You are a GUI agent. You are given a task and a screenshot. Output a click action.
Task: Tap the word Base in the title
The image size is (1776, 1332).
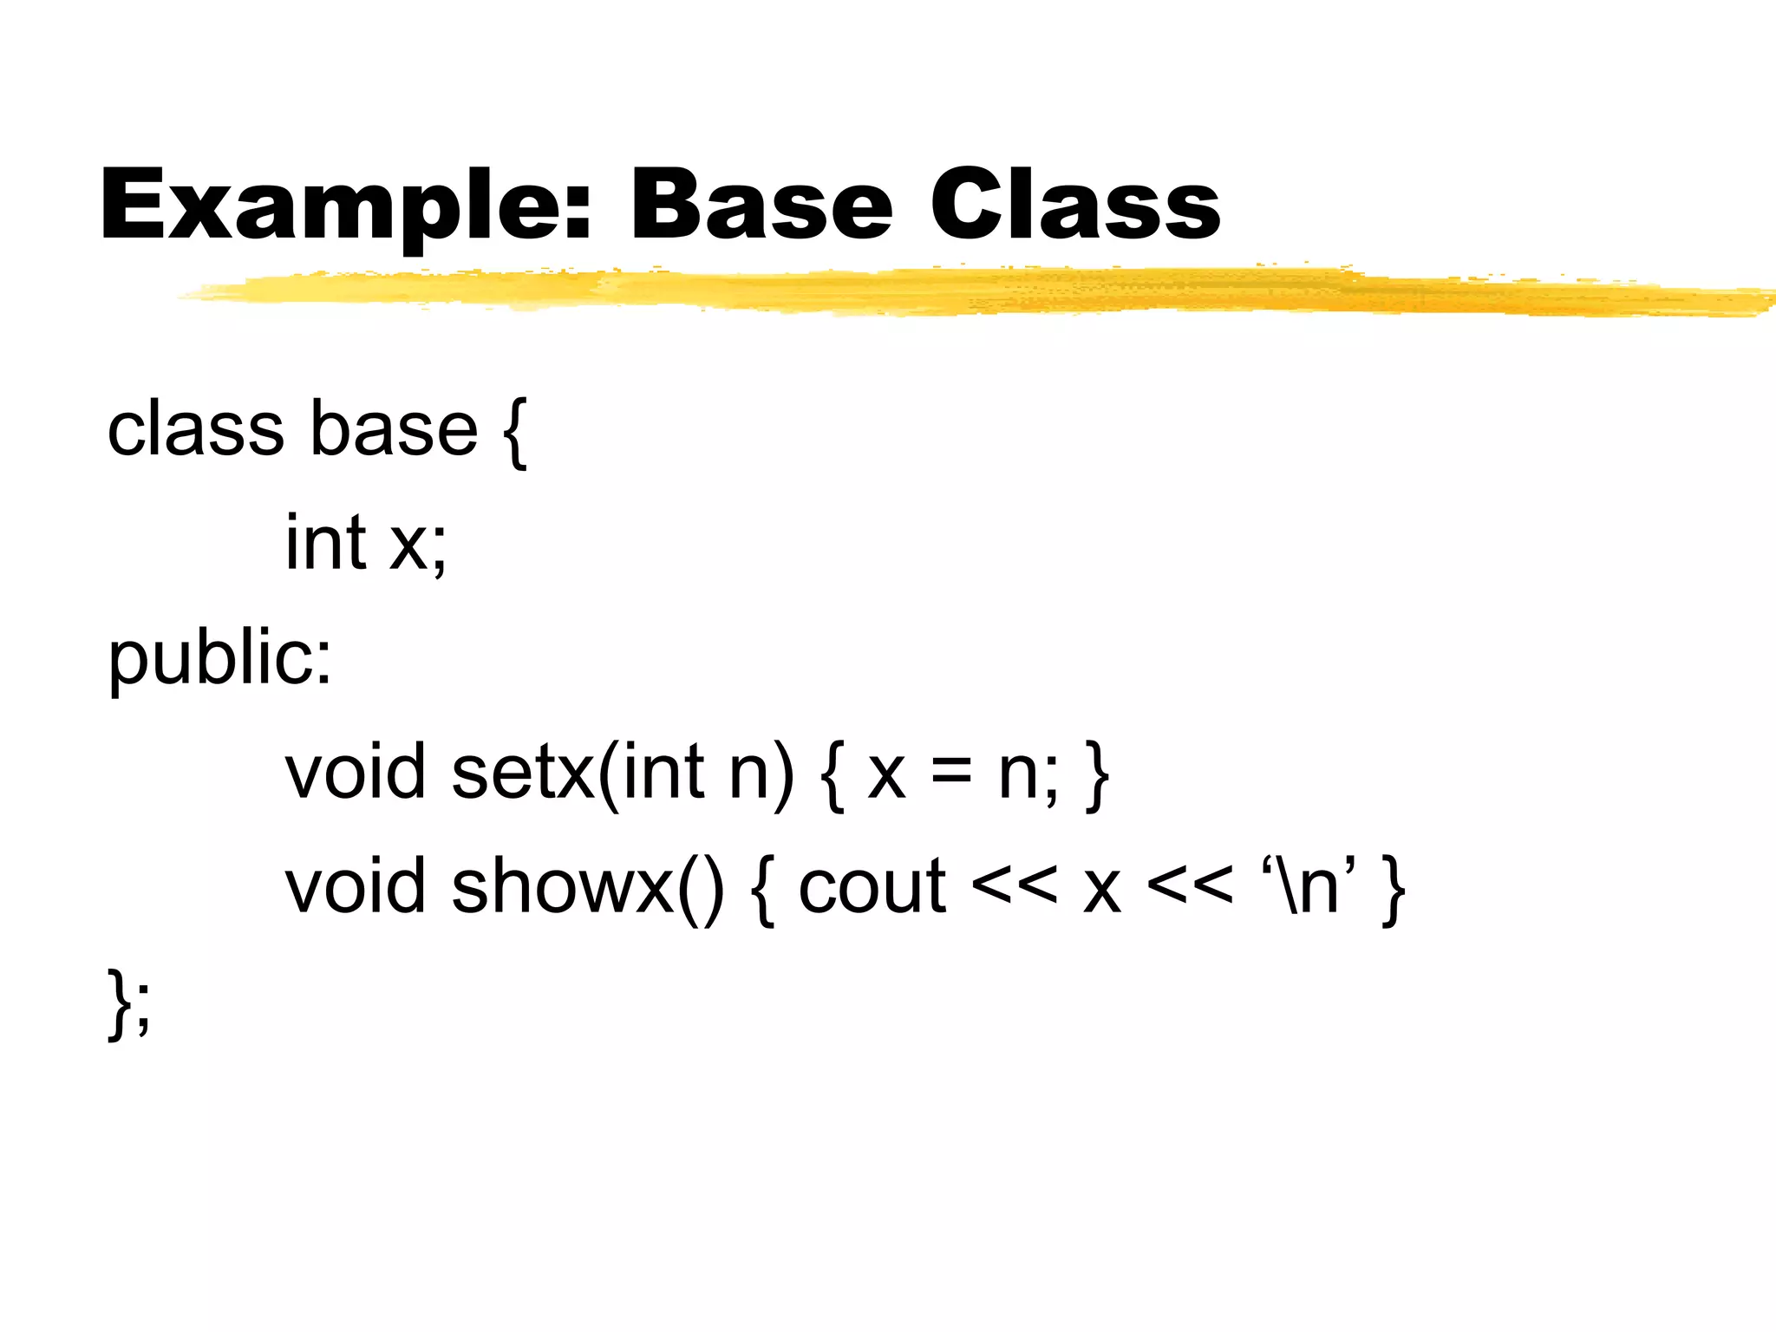coord(761,205)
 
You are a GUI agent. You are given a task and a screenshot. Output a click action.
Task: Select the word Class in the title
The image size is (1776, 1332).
coord(1075,205)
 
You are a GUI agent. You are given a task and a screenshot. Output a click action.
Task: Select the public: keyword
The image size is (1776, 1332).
coord(219,659)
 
